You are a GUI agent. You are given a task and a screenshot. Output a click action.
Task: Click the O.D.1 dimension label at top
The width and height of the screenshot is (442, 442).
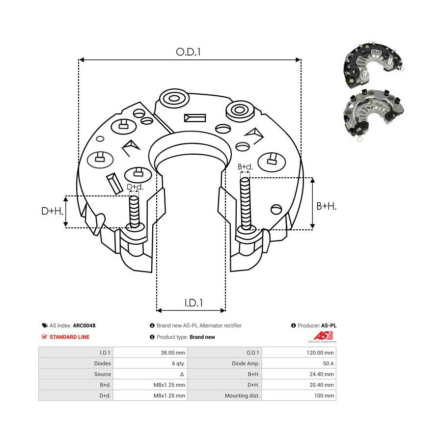[x=188, y=52]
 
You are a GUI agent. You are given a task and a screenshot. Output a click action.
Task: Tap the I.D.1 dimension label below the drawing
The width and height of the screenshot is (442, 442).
[x=193, y=303]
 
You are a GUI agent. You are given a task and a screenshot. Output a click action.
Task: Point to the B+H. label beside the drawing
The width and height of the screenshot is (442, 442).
[x=327, y=206]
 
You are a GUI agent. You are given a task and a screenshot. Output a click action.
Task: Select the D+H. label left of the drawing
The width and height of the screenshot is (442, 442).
[x=53, y=211]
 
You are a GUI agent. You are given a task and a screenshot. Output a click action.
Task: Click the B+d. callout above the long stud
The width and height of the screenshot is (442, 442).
[x=245, y=166]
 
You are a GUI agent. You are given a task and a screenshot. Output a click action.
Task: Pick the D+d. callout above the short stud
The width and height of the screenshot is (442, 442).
[x=135, y=187]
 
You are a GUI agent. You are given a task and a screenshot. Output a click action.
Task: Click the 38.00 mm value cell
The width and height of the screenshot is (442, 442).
[x=173, y=353]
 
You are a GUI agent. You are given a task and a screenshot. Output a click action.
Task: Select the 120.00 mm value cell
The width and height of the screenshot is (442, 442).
[x=320, y=353]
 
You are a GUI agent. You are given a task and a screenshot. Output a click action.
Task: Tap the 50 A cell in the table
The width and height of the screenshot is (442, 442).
[x=328, y=363]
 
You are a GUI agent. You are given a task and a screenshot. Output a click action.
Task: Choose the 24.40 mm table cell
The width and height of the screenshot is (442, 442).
[x=322, y=374]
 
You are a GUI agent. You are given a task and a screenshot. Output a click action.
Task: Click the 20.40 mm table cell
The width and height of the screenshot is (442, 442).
[x=322, y=385]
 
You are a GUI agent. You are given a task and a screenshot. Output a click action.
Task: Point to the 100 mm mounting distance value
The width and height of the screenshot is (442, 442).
[x=324, y=395]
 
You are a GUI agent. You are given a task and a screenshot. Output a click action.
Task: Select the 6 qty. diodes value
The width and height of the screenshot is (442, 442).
[x=178, y=363]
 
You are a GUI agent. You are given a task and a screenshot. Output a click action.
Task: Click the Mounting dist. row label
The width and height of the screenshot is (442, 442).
[x=242, y=395]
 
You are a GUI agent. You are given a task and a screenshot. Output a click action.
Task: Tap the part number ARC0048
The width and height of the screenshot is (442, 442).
[x=84, y=326]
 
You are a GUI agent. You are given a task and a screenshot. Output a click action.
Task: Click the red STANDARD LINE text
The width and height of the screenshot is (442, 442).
[x=69, y=337]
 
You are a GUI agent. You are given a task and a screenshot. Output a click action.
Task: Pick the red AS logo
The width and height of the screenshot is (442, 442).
[x=323, y=336]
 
